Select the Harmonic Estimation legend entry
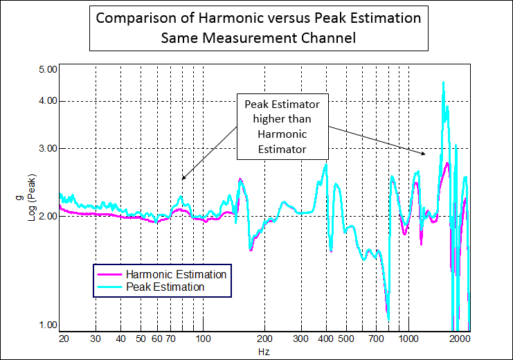coord(176,274)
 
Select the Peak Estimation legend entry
coord(165,287)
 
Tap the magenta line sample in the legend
coord(109,275)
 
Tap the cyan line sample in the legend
coord(109,287)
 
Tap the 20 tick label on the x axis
coord(63,339)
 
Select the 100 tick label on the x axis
coord(203,339)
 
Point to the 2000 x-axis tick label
coord(459,339)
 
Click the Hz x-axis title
coord(264,352)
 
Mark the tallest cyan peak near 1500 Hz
coord(443,82)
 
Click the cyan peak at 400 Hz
coord(325,165)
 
